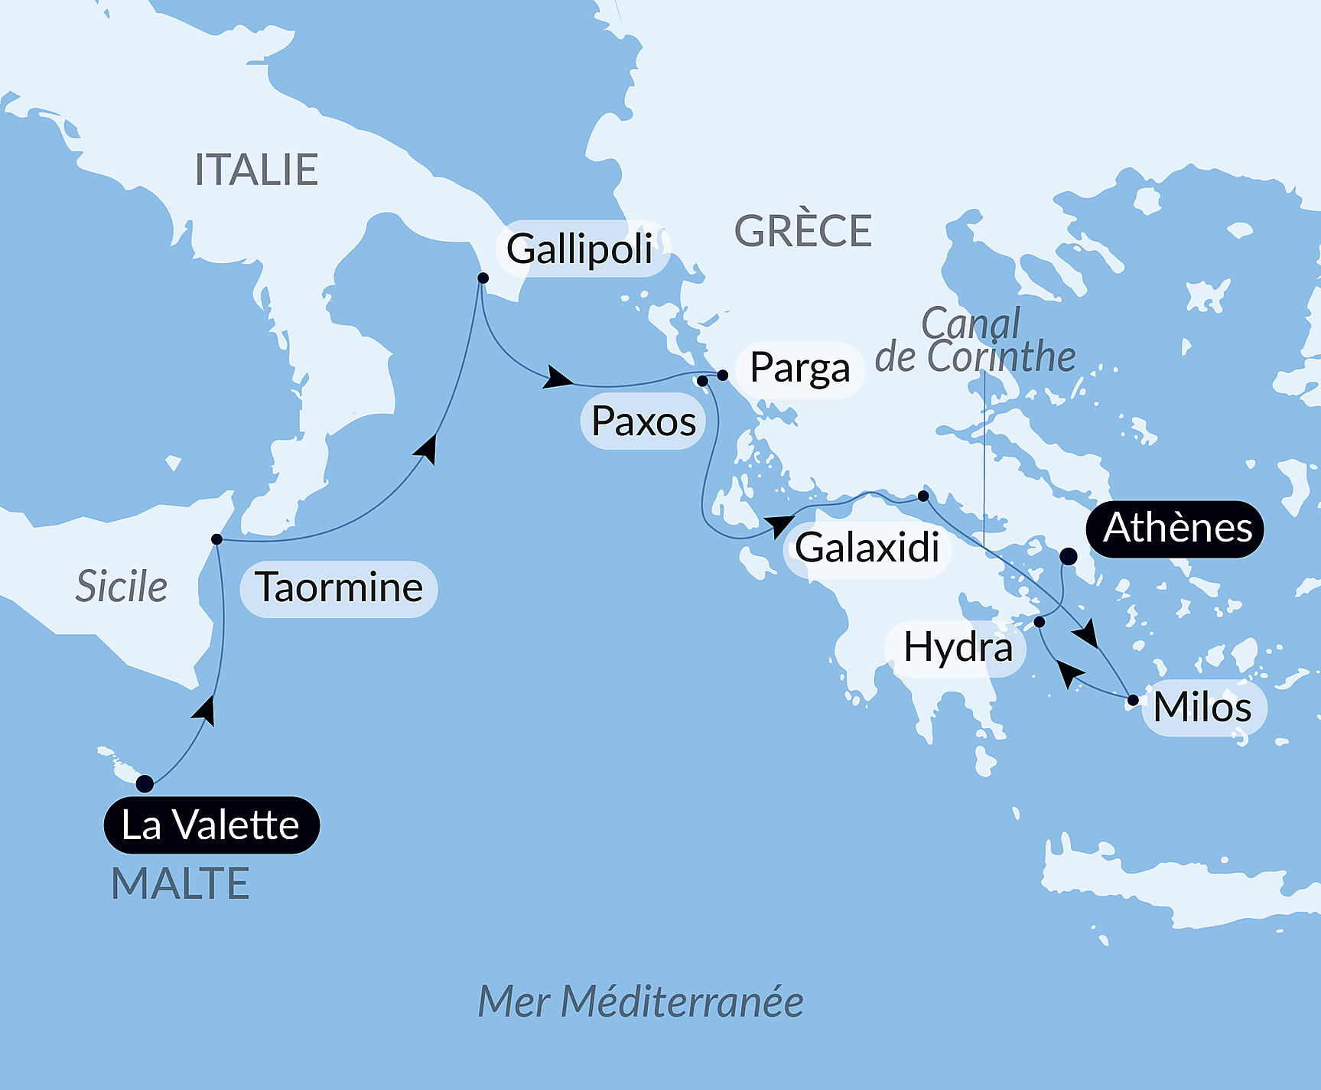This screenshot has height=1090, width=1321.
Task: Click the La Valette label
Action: tap(211, 825)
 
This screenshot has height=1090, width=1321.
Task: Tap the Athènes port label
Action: tap(1176, 529)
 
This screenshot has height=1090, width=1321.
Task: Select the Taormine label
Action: tap(339, 588)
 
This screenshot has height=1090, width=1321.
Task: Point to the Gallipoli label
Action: tap(581, 249)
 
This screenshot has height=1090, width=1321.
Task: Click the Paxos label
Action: tap(643, 421)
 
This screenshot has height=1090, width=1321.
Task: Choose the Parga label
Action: tap(799, 369)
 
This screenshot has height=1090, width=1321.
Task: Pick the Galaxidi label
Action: tap(867, 548)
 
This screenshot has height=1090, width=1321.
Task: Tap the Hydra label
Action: tap(957, 648)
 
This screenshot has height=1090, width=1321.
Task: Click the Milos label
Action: tap(1202, 708)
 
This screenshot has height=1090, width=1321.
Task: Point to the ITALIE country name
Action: tap(256, 170)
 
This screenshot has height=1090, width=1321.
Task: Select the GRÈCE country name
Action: tap(802, 231)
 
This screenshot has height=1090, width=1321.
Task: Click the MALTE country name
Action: tap(181, 884)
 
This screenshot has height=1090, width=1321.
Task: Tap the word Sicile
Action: tap(122, 587)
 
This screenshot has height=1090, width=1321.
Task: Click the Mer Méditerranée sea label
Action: tap(640, 1002)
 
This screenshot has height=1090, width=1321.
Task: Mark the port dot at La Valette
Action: tap(145, 783)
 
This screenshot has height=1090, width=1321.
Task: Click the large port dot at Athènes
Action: tap(1068, 557)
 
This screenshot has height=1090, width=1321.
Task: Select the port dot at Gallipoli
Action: tap(483, 278)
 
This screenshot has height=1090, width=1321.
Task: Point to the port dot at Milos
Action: tap(1133, 699)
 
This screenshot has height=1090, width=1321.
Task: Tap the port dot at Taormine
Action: tap(216, 539)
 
